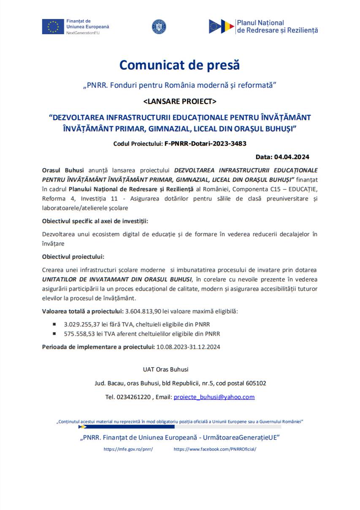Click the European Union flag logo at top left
point(53,27)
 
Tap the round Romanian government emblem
point(159,27)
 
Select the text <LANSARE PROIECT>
point(180,101)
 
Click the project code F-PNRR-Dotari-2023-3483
point(205,144)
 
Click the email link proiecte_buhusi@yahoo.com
point(214,397)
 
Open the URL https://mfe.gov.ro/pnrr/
point(128,449)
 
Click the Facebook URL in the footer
point(215,449)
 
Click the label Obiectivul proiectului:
point(73,256)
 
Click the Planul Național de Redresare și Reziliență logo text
point(277,27)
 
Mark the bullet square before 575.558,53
point(54,334)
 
